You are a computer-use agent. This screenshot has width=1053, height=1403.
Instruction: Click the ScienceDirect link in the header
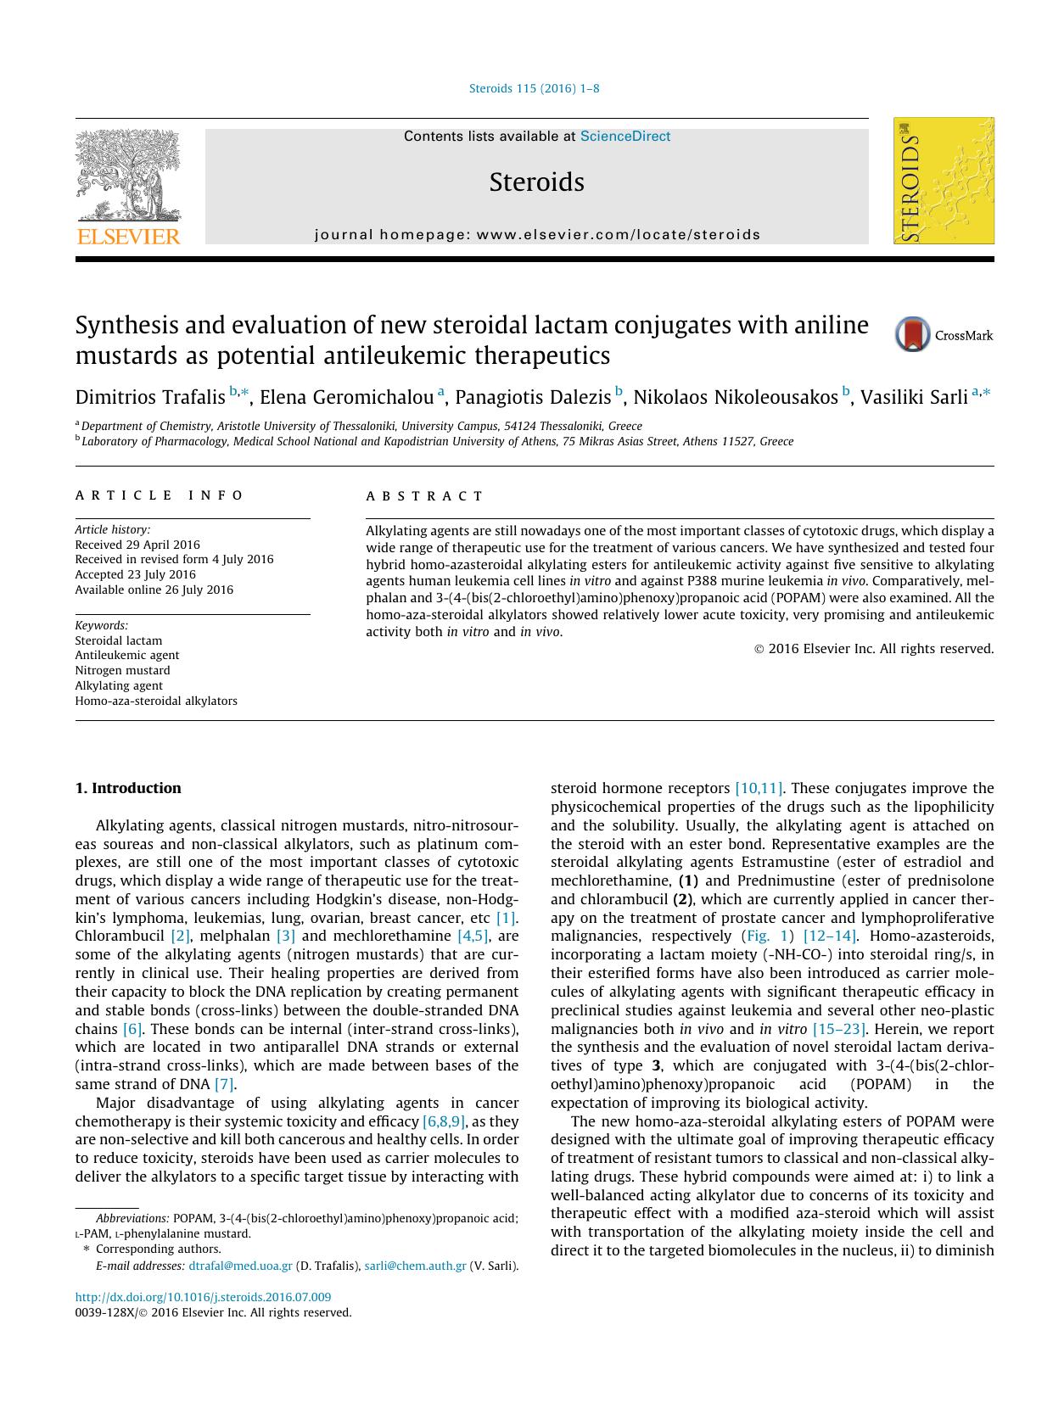click(x=625, y=136)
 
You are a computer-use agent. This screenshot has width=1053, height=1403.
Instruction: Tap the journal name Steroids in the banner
click(x=536, y=182)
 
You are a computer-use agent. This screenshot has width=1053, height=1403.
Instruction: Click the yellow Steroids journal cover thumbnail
click(x=943, y=181)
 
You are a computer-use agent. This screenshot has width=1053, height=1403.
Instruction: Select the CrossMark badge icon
click(x=913, y=335)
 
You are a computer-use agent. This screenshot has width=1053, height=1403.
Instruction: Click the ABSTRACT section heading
click(x=424, y=496)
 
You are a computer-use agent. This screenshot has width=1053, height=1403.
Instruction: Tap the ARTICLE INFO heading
click(x=160, y=495)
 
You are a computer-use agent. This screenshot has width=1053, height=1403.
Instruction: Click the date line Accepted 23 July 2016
click(x=135, y=574)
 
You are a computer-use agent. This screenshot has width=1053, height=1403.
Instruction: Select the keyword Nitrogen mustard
click(x=122, y=670)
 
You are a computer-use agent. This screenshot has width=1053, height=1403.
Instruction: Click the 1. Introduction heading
click(x=127, y=788)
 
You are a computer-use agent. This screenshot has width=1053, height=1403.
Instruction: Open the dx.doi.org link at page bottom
click(x=203, y=1297)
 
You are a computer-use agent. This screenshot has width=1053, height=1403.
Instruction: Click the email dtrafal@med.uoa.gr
click(x=240, y=1266)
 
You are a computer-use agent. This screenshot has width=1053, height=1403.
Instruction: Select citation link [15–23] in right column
click(x=838, y=1029)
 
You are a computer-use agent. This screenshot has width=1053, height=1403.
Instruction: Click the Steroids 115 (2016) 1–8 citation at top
click(x=535, y=88)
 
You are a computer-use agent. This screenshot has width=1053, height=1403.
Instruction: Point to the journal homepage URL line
click(x=537, y=234)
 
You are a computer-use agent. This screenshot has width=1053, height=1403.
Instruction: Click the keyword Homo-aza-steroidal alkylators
click(x=156, y=701)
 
